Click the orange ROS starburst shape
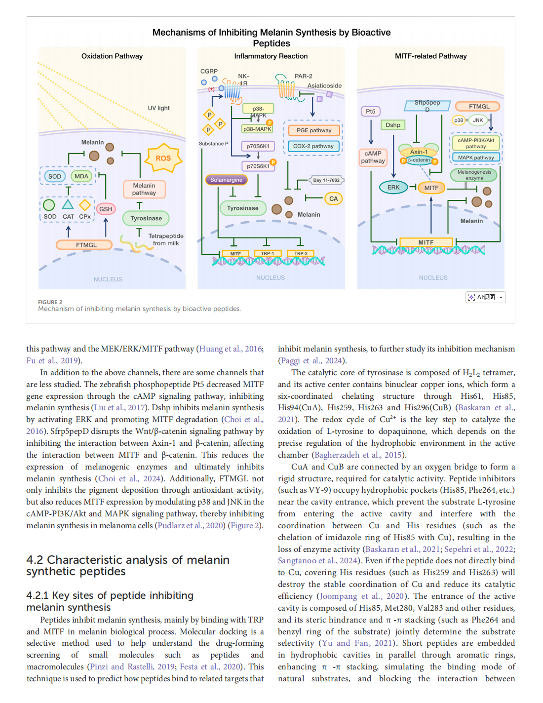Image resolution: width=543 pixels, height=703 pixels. [163, 158]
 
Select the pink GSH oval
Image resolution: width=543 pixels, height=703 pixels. [106, 209]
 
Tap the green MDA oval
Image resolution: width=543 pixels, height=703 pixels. [81, 176]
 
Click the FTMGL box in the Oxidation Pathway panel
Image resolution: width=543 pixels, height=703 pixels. [86, 245]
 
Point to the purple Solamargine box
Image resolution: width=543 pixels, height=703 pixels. [226, 180]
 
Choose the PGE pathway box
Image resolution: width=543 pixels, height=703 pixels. [314, 130]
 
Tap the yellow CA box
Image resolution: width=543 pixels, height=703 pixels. [334, 198]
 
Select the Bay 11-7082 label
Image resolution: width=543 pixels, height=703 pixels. [326, 180]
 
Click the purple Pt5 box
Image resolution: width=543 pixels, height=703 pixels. [371, 112]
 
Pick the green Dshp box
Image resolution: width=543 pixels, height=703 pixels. [393, 125]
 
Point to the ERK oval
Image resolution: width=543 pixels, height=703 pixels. [393, 187]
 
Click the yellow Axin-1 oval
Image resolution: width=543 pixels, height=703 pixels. [419, 152]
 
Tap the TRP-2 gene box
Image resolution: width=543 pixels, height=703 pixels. [301, 253]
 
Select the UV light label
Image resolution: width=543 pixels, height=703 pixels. [158, 108]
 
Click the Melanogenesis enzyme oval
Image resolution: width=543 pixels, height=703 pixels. [474, 175]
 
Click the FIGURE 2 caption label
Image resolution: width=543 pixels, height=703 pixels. [50, 302]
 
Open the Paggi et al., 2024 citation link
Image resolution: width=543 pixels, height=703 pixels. [312, 360]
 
